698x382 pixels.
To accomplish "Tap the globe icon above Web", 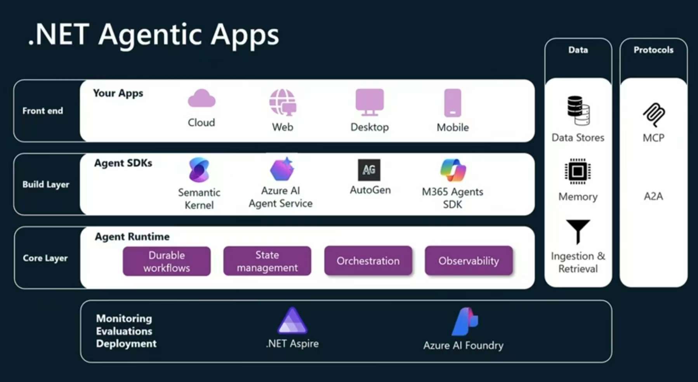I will click(x=283, y=102).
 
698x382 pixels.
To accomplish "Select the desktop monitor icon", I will click(x=370, y=102).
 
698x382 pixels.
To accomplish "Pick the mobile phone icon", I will click(x=453, y=103).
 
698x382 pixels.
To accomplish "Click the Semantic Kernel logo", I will click(x=199, y=170).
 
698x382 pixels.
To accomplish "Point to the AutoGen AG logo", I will click(x=369, y=170).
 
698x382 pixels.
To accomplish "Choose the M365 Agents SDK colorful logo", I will click(x=453, y=170).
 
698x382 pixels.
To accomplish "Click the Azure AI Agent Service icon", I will click(x=282, y=169).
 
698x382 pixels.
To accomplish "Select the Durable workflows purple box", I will click(x=167, y=261).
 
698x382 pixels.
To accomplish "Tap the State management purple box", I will click(x=267, y=261).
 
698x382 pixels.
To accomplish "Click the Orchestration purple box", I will click(x=368, y=261).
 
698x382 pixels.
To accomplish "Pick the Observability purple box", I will click(x=469, y=261).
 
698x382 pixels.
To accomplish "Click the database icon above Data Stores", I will click(x=578, y=110).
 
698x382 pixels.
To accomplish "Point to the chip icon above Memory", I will click(x=578, y=171).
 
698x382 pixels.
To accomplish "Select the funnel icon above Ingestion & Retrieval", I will click(x=578, y=231).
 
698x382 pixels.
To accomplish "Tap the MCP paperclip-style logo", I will click(x=654, y=115).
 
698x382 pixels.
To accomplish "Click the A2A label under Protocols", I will click(x=653, y=196).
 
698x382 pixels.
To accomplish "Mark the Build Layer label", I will click(x=46, y=185).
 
